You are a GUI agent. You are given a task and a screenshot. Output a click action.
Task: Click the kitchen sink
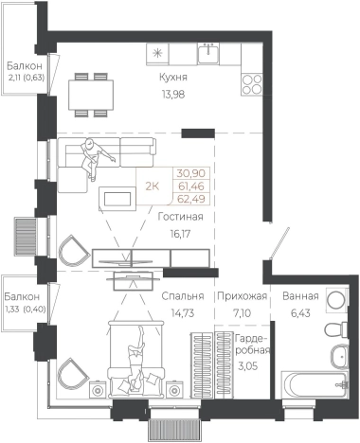[x=208, y=53]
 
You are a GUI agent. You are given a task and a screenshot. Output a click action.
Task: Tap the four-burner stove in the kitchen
[x=252, y=84]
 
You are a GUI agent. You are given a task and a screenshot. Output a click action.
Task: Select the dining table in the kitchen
[x=91, y=95]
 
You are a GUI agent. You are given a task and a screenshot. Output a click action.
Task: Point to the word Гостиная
[x=180, y=217]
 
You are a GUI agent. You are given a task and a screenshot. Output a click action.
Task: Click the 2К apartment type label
[x=152, y=186]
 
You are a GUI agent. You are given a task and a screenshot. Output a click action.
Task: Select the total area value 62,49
[x=191, y=199]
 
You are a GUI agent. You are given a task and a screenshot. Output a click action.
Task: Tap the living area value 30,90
[x=191, y=173]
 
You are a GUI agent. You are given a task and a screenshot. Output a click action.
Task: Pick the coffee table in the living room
[x=117, y=199]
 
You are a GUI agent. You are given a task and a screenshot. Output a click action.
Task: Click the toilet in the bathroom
[x=335, y=330]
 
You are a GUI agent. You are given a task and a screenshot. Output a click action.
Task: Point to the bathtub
[x=315, y=385]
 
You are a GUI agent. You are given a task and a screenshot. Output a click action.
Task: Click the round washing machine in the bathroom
[x=336, y=299]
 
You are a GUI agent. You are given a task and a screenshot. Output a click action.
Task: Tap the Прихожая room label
[x=243, y=296]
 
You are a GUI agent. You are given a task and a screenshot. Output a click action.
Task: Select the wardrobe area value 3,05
[x=248, y=366]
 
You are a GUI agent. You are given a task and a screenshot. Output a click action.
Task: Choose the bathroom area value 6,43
[x=300, y=313]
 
